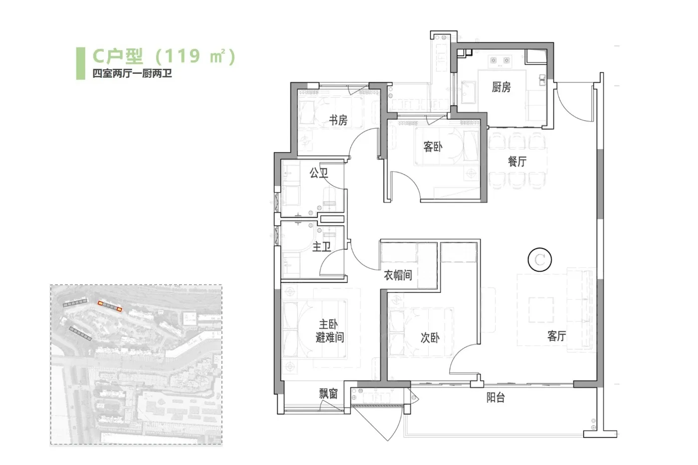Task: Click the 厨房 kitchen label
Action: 501,87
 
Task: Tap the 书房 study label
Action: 339,120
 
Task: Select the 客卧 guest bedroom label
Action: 433,147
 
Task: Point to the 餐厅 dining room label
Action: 517,161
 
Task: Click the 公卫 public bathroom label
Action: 319,172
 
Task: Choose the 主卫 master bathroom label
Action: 321,247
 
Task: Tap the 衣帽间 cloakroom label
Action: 398,275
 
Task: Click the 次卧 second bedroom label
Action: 430,337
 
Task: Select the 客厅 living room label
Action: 556,336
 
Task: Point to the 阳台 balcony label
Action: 496,397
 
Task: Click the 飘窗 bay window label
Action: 329,394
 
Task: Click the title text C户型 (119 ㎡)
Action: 164,56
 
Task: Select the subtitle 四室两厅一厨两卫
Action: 132,73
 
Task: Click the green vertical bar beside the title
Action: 80,63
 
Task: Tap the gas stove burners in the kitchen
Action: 500,60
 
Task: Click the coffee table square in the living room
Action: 541,310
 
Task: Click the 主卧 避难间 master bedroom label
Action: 330,331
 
